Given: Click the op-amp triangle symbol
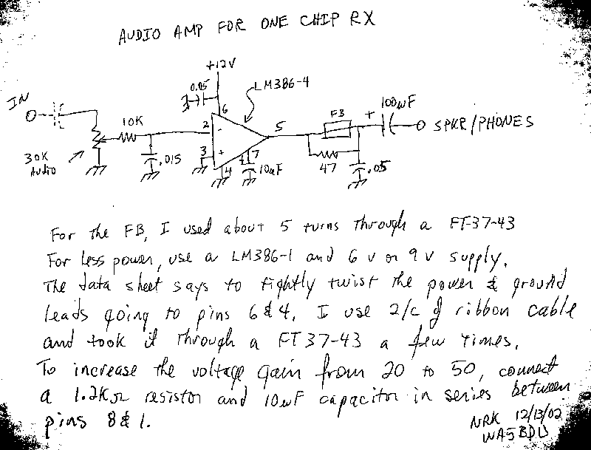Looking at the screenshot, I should pos(236,138).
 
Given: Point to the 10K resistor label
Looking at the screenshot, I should pos(126,120).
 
